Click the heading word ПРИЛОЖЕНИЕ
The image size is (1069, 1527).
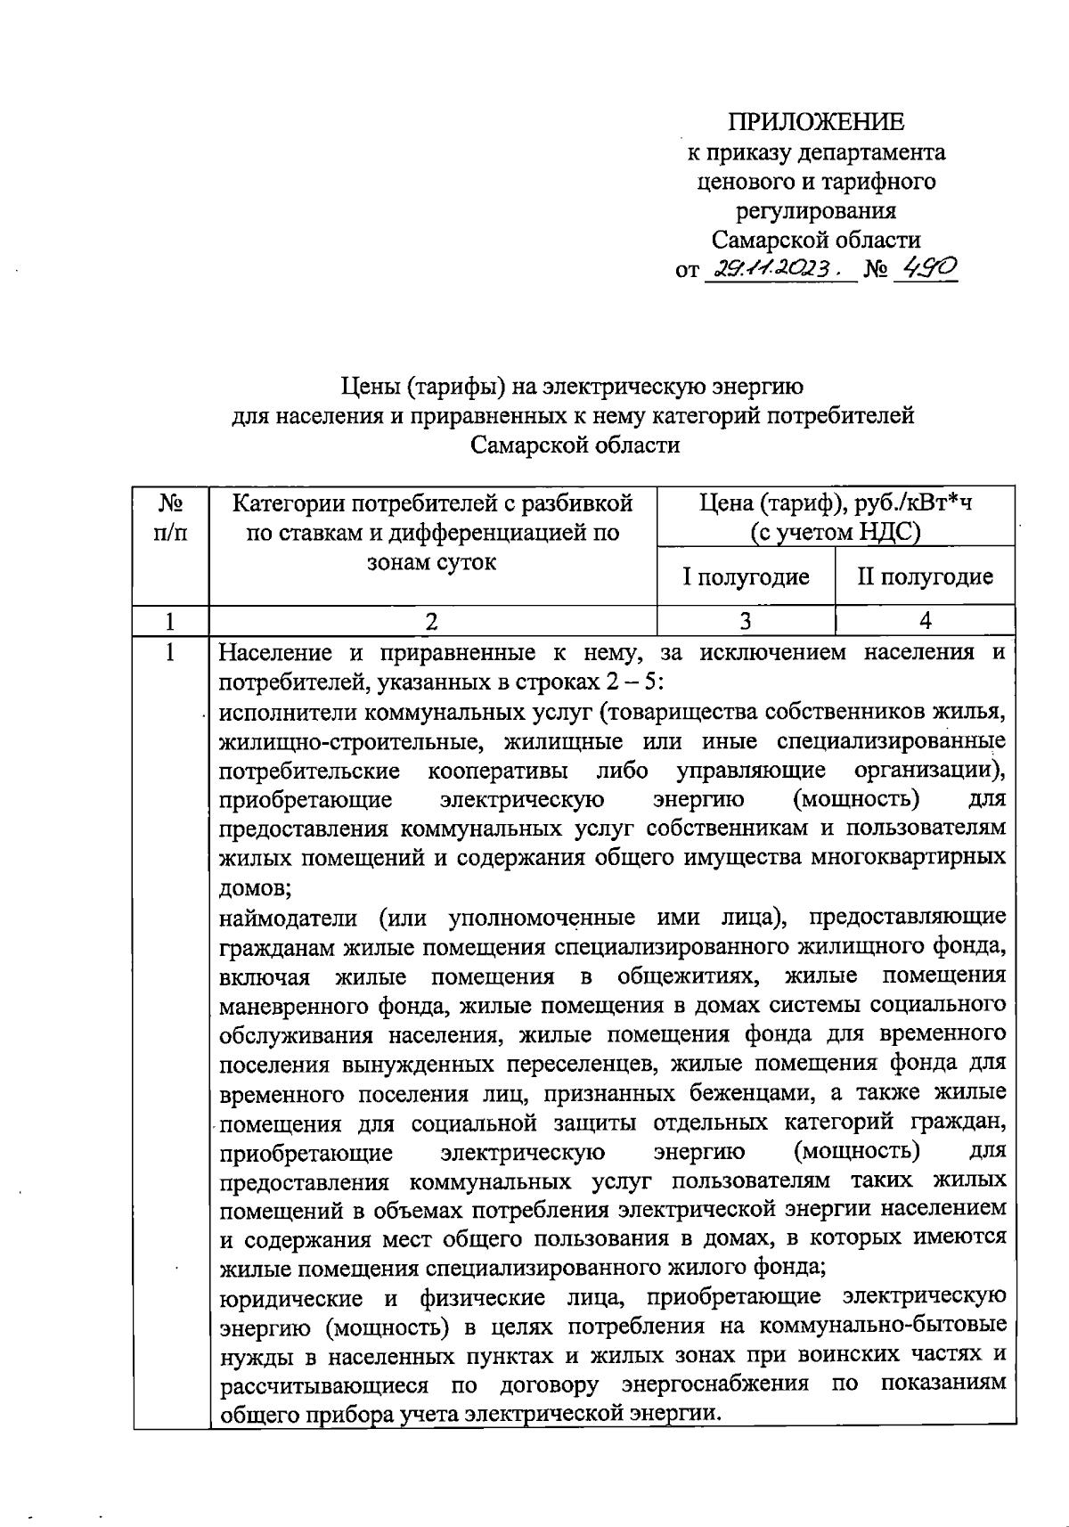(x=816, y=123)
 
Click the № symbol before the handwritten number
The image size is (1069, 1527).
(x=878, y=269)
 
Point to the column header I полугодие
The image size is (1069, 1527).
(x=746, y=577)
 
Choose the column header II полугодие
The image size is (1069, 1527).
(x=925, y=577)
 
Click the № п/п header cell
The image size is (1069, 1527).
(x=170, y=519)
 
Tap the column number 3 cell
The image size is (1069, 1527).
(x=746, y=621)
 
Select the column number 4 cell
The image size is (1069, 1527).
(x=925, y=621)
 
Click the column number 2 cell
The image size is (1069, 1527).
(x=432, y=621)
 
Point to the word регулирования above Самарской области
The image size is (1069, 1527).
(x=815, y=211)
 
